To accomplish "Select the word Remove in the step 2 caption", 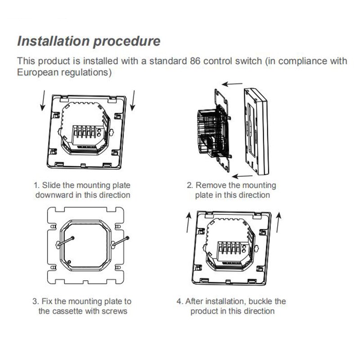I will (x=211, y=185).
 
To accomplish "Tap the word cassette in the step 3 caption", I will (x=68, y=311).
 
